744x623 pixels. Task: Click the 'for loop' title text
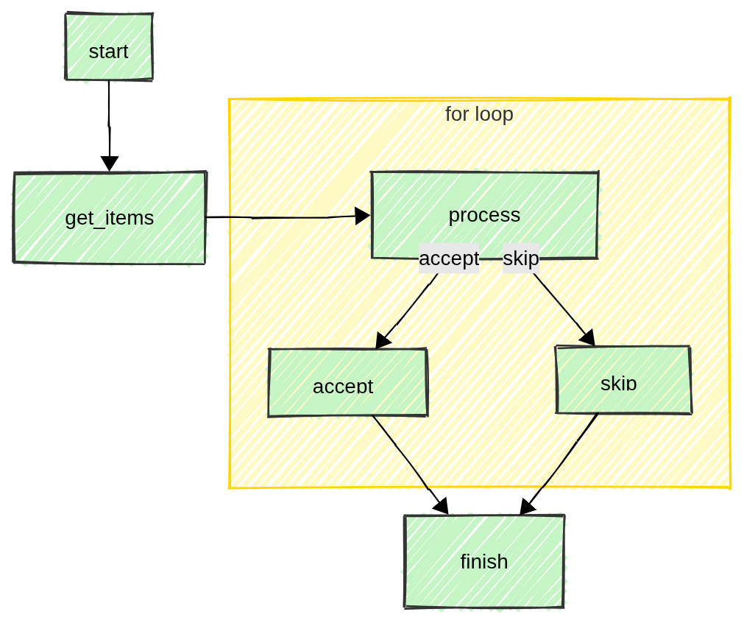point(479,114)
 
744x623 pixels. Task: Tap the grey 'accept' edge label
point(449,258)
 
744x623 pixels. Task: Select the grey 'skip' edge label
point(521,258)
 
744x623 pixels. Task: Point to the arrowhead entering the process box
point(362,216)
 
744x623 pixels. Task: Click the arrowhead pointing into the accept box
point(382,341)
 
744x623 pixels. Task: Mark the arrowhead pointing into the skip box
point(587,339)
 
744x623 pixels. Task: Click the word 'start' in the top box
point(109,52)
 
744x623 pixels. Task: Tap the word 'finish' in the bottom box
point(484,562)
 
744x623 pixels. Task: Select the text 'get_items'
point(110,218)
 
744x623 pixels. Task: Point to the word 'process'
point(484,215)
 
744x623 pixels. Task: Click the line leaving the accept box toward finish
point(401,453)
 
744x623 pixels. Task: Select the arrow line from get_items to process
point(294,217)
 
